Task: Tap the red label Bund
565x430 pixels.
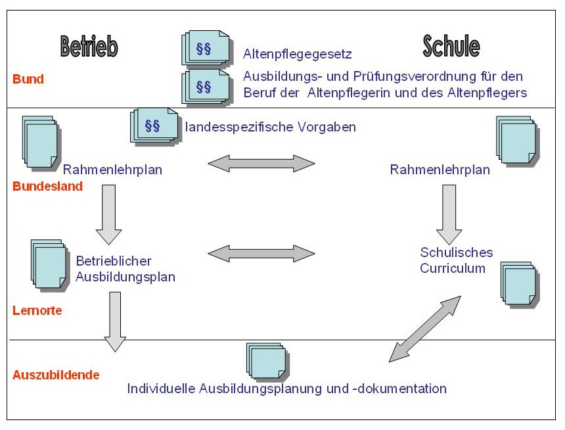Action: click(x=28, y=80)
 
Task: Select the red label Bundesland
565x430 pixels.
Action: click(x=48, y=186)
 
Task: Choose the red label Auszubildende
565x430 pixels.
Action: click(x=56, y=375)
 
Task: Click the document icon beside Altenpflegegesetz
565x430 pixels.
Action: click(x=205, y=49)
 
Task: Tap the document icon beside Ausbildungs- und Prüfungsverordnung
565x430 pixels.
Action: click(x=205, y=87)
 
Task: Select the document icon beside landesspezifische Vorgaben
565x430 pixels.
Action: click(x=154, y=125)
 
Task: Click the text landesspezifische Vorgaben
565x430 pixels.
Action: click(x=271, y=127)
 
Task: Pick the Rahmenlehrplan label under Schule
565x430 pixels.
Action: click(x=440, y=170)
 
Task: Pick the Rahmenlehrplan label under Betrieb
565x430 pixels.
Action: click(x=113, y=170)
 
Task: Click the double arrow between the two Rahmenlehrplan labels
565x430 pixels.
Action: click(x=261, y=163)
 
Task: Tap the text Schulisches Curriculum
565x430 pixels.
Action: click(x=457, y=260)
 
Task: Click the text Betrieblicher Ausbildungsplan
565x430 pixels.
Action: click(x=125, y=268)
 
